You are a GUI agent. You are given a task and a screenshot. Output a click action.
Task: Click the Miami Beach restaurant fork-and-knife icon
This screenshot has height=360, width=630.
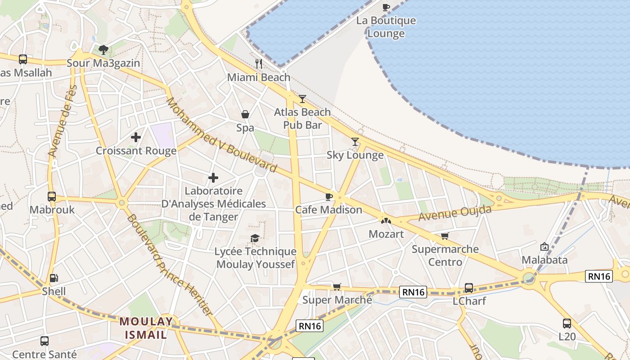(x=258, y=64)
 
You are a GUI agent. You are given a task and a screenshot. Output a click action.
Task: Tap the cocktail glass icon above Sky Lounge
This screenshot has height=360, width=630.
(x=355, y=142)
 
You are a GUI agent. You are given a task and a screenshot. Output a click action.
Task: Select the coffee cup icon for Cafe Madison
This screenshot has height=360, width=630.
(x=329, y=197)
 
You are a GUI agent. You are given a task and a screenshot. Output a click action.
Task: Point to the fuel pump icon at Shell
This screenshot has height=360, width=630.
(x=54, y=279)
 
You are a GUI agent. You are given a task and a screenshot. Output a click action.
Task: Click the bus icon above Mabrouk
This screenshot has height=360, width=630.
(x=52, y=197)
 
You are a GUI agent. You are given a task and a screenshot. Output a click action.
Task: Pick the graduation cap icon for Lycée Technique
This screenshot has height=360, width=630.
(x=255, y=238)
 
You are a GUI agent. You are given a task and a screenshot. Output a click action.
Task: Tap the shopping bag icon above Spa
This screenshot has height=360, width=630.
(x=245, y=114)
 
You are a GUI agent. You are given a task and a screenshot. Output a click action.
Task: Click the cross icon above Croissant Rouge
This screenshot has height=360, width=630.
(x=136, y=137)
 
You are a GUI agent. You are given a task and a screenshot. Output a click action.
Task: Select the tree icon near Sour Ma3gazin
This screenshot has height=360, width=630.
(x=103, y=49)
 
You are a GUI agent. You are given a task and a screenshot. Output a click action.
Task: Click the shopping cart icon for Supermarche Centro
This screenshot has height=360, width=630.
(x=445, y=236)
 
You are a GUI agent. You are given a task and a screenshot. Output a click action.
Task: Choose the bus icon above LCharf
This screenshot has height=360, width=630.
(x=468, y=288)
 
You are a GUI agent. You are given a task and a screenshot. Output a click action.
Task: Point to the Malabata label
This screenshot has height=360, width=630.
(x=544, y=260)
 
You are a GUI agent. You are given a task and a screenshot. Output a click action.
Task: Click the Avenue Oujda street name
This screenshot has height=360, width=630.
(x=455, y=212)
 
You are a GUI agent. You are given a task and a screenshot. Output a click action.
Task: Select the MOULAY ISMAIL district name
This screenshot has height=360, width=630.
(x=146, y=328)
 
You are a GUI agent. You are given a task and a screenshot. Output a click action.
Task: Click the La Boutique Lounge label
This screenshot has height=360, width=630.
(x=386, y=27)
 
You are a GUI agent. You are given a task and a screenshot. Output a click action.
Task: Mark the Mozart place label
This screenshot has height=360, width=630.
(x=386, y=234)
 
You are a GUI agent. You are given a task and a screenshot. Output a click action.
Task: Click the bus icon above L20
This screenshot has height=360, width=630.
(x=567, y=323)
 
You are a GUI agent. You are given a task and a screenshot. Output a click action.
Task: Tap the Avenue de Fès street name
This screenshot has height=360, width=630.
(x=62, y=121)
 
